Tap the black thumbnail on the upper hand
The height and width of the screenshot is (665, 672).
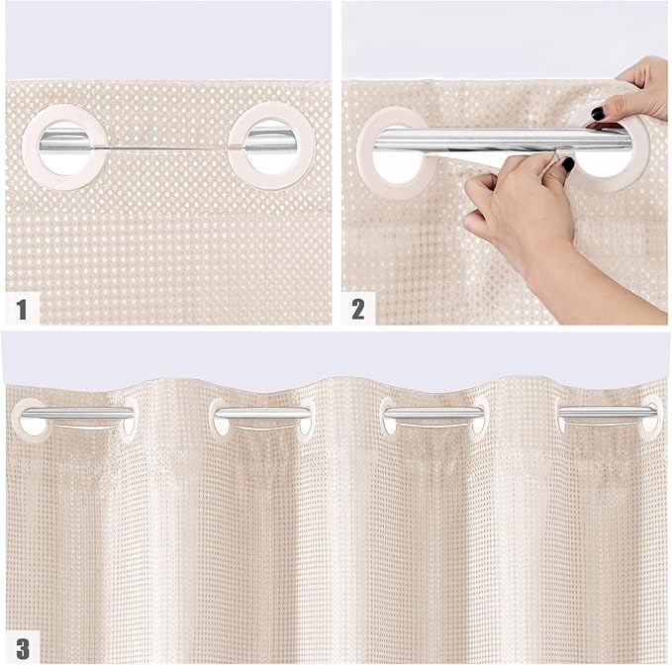click(598, 114)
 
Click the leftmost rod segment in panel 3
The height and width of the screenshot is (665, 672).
click(77, 412)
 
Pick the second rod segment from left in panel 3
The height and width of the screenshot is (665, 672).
click(259, 412)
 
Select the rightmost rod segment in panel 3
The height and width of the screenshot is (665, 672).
click(606, 411)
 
